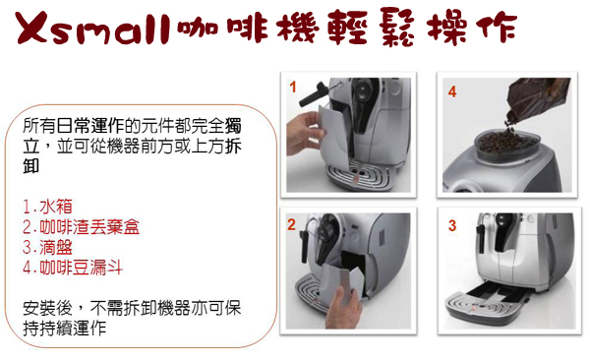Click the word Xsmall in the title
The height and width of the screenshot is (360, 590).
(92, 29)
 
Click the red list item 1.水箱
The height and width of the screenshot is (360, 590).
(47, 207)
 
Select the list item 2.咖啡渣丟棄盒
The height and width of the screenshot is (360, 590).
(81, 227)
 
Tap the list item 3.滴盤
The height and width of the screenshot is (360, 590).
(47, 248)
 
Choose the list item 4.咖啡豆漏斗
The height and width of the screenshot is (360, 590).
(73, 268)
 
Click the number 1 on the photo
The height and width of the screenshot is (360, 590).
(293, 88)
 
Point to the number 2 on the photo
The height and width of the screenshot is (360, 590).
(291, 224)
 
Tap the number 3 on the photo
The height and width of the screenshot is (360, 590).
(452, 225)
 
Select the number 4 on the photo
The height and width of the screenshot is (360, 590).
(452, 91)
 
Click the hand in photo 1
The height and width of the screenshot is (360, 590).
(304, 133)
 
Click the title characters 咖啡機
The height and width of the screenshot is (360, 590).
(249, 28)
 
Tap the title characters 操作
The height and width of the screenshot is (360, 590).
(472, 28)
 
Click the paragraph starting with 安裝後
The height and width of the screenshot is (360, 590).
(132, 319)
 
